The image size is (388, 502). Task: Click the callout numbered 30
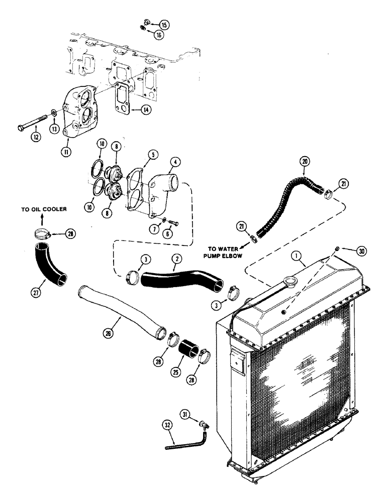[363, 249]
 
